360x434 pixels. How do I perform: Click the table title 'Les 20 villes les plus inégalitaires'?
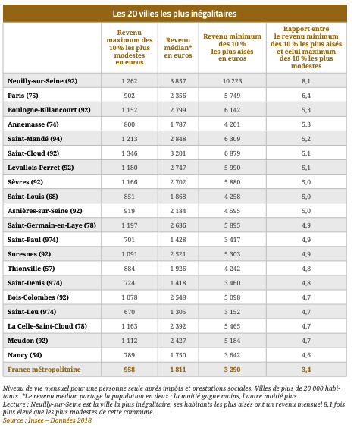pos(174,14)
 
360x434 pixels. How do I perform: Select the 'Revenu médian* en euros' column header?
pos(178,48)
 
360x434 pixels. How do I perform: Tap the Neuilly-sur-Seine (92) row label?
pos(42,81)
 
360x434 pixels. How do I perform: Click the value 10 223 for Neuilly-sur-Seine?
pos(232,81)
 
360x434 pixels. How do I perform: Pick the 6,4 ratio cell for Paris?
pos(306,96)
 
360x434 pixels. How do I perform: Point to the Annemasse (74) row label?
pos(33,124)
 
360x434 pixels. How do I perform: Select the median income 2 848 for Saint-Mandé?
pos(178,139)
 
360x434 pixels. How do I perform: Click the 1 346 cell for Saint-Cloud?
pos(130,153)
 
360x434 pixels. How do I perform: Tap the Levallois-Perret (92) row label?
pos(41,168)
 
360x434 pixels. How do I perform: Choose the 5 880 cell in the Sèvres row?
pos(232,182)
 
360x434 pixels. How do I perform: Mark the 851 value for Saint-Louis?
pos(130,197)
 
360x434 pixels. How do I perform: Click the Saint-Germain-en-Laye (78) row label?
pos(52,225)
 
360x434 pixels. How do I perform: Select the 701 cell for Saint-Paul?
pos(130,240)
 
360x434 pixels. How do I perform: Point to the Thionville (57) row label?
pos(31,269)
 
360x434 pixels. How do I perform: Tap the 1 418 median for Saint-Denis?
pos(178,283)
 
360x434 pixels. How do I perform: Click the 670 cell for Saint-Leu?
pos(130,312)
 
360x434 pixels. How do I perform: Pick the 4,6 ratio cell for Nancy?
pos(306,355)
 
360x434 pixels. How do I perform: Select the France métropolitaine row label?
pos(44,370)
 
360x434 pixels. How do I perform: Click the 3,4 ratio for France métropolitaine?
pos(306,370)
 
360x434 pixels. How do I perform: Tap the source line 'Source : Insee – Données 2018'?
pos(47,420)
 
